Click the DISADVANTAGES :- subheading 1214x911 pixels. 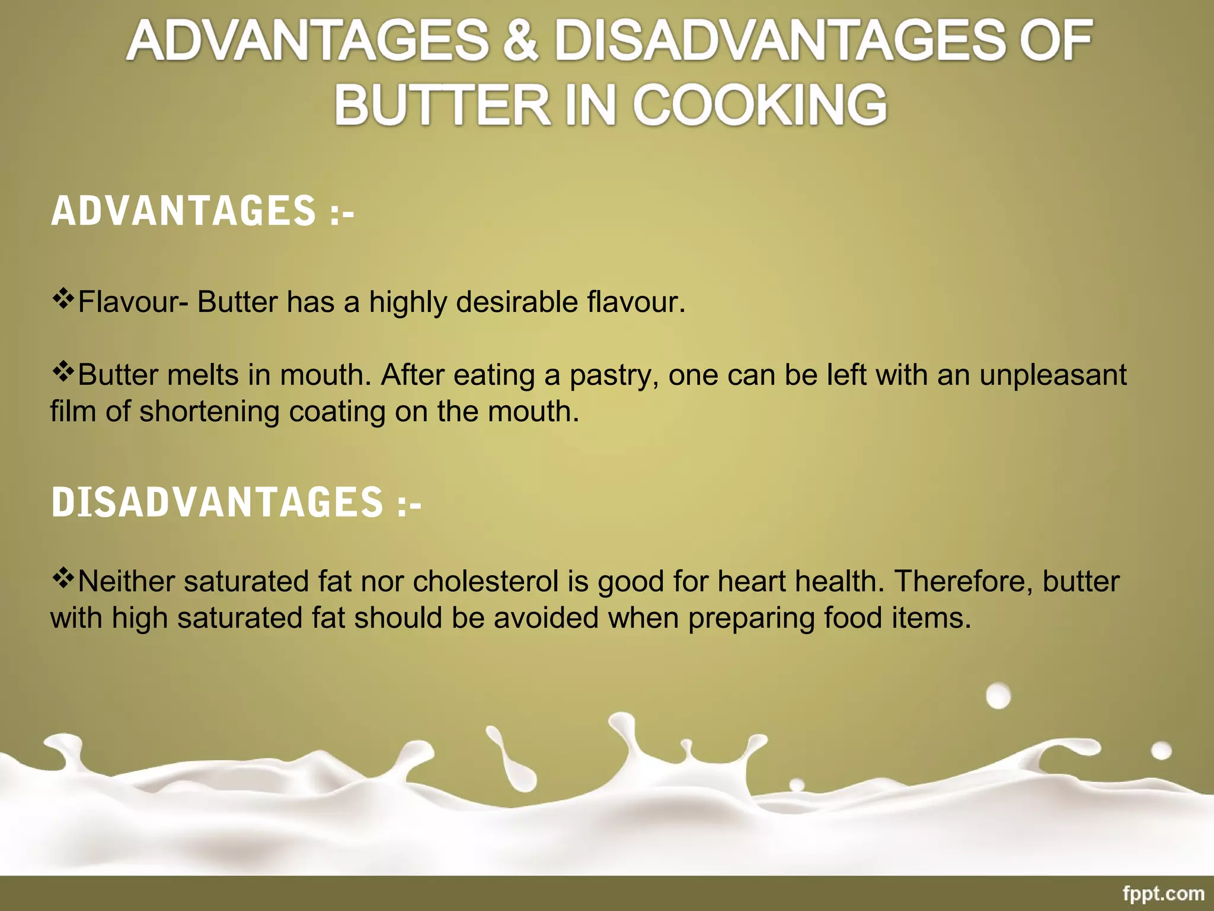pyautogui.click(x=237, y=502)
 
